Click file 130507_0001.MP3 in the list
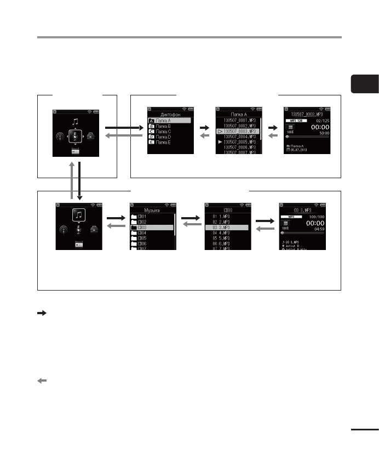click(239, 120)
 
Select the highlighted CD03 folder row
click(152, 227)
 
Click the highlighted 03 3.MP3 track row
click(227, 227)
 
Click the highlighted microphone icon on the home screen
click(75, 134)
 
